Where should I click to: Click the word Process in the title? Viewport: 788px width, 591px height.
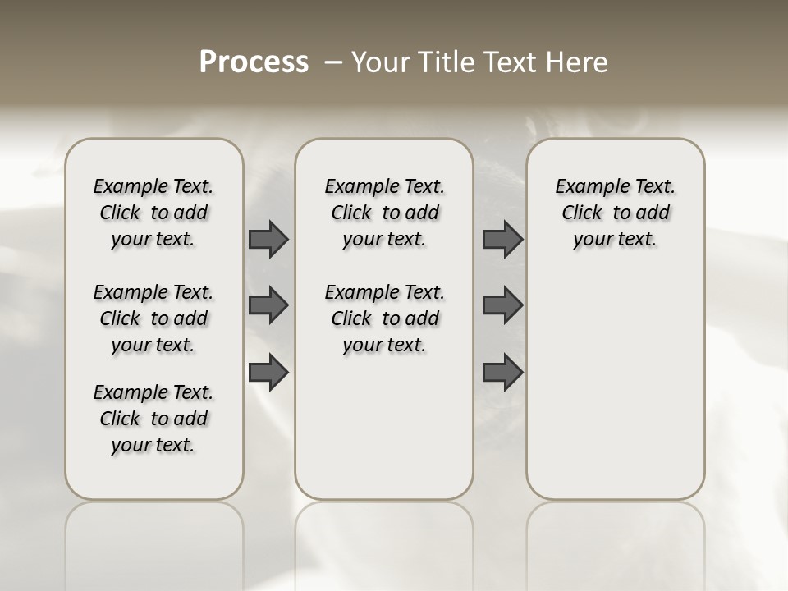point(254,62)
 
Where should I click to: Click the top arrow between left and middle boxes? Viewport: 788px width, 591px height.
point(268,239)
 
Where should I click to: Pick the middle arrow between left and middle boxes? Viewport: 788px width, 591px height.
point(268,305)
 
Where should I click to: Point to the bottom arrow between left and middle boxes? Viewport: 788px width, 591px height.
point(268,373)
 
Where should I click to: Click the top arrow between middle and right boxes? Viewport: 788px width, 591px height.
point(502,239)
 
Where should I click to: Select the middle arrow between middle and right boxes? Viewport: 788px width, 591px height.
point(502,305)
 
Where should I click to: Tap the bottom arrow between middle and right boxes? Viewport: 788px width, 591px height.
point(502,373)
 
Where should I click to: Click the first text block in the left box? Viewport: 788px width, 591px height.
point(153,213)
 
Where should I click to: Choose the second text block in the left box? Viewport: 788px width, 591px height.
point(153,318)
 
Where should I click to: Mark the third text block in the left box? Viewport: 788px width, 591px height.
point(153,419)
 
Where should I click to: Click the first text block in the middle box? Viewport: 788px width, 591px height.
point(385,213)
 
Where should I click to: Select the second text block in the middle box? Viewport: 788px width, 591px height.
point(385,318)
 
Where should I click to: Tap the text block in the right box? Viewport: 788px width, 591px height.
point(616,213)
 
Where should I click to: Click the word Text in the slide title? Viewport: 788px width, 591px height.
point(506,62)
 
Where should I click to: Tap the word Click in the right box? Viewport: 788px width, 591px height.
point(582,213)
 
